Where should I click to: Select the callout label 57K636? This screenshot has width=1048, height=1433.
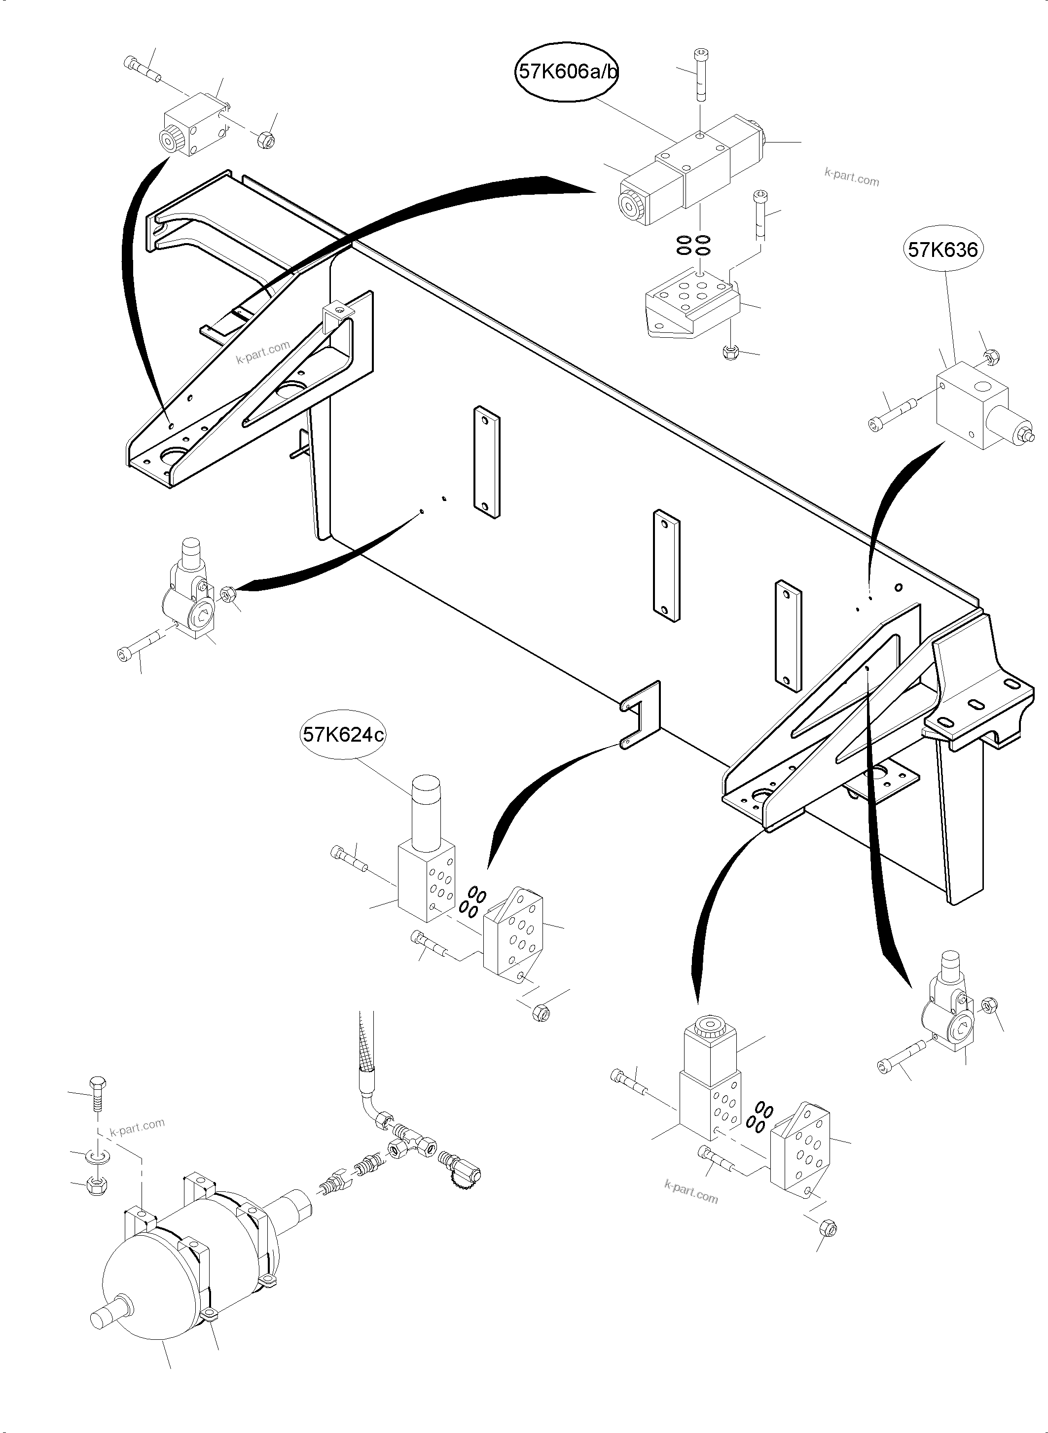942,250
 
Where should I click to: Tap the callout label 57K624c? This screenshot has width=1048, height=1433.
343,735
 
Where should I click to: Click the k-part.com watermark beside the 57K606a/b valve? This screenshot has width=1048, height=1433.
851,177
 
